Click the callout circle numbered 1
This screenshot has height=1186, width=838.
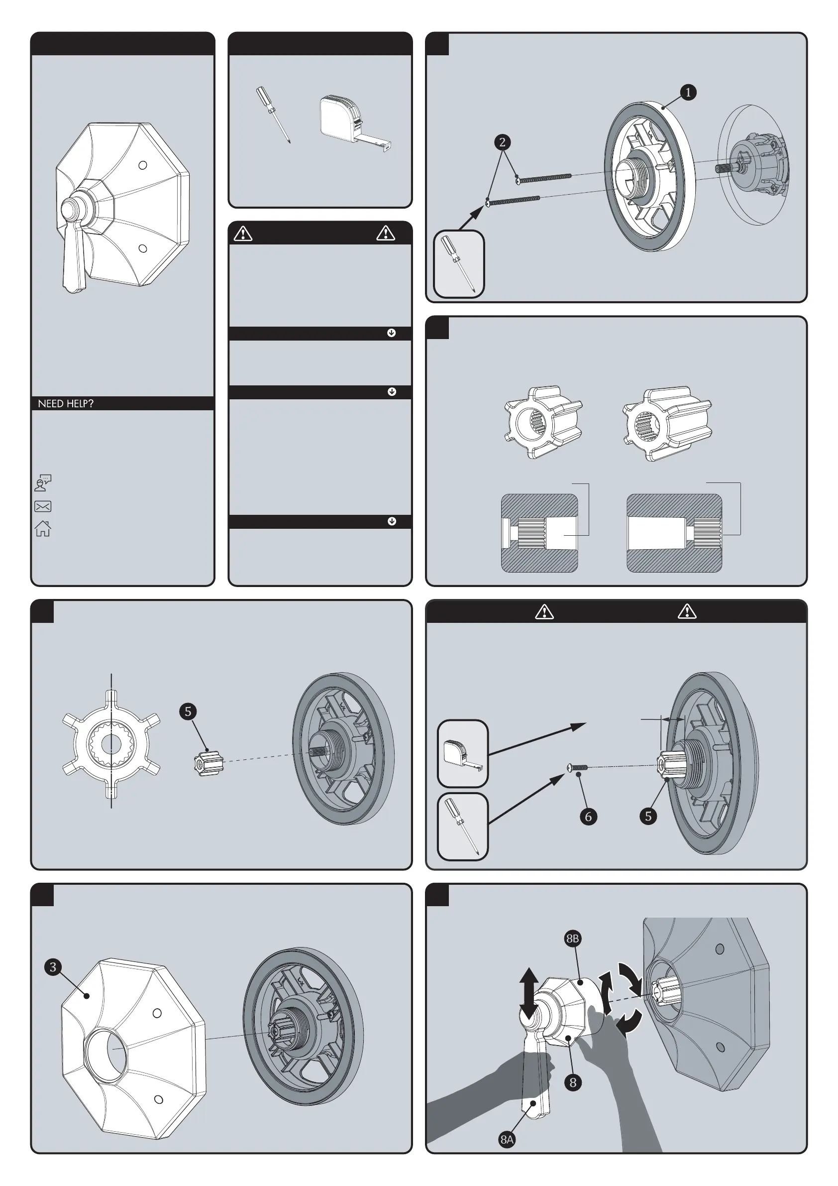(x=688, y=93)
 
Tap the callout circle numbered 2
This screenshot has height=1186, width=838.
(x=502, y=142)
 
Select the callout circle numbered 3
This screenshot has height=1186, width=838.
(x=53, y=967)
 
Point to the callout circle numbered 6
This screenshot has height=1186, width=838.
(x=588, y=816)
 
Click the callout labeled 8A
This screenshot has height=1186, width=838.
(x=507, y=1140)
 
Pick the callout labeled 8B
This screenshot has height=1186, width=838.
(x=573, y=939)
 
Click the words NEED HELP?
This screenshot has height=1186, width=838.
(x=66, y=403)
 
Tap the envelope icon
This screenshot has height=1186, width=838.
(x=43, y=506)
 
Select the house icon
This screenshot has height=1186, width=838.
(x=43, y=528)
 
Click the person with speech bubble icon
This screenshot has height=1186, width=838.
(x=43, y=483)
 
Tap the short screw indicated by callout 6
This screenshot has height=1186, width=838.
(x=577, y=768)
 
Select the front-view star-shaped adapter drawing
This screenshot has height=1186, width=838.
(x=111, y=744)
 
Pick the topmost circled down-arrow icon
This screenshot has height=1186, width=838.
(x=391, y=333)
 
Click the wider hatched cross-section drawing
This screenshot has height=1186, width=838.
(x=674, y=533)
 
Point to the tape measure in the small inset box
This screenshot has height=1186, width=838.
(x=463, y=754)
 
